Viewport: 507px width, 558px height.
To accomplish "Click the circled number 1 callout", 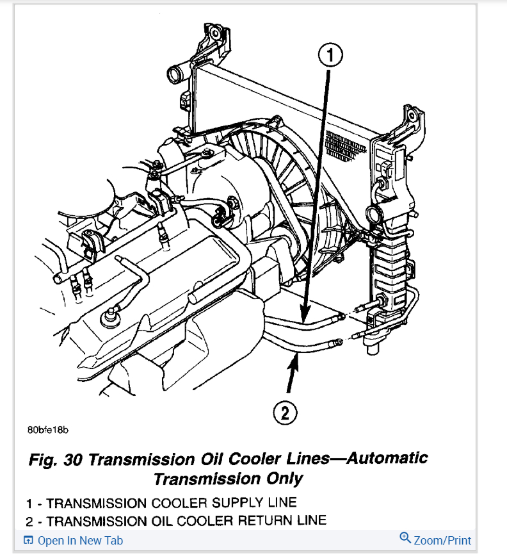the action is pos(330,56).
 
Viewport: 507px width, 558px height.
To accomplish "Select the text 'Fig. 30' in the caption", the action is pos(56,459).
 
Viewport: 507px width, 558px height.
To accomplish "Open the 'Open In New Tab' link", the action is pos(80,540).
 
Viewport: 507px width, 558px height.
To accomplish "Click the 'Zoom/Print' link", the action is pos(442,540).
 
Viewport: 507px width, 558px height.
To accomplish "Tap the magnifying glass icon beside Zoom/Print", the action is pos(405,538).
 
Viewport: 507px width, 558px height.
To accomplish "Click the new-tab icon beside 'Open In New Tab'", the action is pos(28,540).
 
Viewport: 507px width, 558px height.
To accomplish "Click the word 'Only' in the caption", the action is pos(286,479).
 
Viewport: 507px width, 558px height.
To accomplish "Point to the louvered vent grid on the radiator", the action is pos(346,145).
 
